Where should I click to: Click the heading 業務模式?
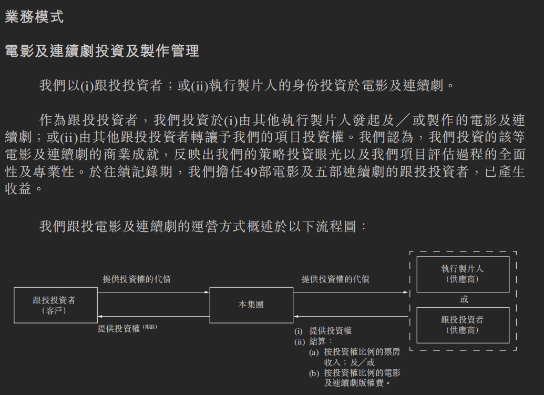[x=34, y=17]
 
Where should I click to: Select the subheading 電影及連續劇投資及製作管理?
[x=102, y=51]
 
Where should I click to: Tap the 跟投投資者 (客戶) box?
[x=54, y=305]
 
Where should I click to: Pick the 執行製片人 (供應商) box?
[x=463, y=274]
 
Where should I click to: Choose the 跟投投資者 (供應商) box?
[x=463, y=325]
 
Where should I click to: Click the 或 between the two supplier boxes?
[x=464, y=299]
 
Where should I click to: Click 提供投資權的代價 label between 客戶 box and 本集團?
[x=137, y=279]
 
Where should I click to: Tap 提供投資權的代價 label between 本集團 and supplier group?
[x=335, y=279]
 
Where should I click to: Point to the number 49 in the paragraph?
[x=250, y=172]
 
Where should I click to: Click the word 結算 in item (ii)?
[x=317, y=341]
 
